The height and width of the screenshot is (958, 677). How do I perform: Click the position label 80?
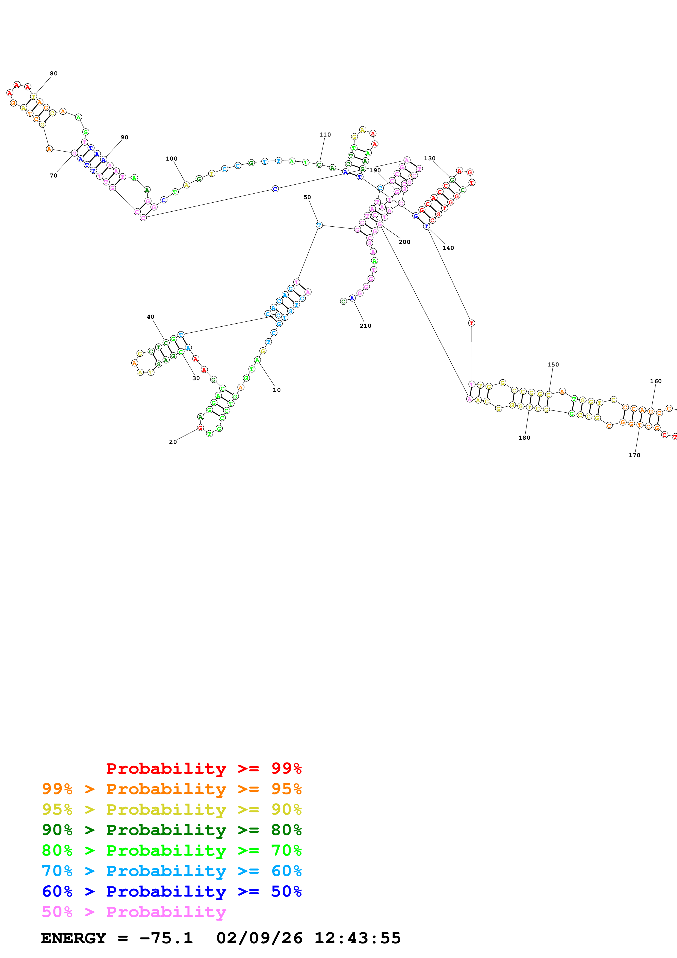click(x=54, y=73)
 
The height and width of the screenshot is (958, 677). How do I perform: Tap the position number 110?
click(x=325, y=135)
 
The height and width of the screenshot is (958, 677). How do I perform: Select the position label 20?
click(x=173, y=442)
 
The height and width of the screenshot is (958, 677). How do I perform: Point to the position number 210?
click(x=365, y=326)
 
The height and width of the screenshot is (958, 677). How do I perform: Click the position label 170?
click(x=634, y=455)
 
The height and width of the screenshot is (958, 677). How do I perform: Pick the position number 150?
click(x=553, y=365)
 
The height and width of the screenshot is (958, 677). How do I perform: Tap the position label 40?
click(x=150, y=317)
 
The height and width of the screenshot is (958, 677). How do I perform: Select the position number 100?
click(x=172, y=159)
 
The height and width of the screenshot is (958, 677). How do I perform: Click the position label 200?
click(x=405, y=242)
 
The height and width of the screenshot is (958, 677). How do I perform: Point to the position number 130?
click(x=430, y=159)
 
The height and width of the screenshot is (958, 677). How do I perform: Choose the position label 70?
click(x=54, y=176)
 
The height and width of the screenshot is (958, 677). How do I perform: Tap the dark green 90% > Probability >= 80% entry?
click(x=172, y=830)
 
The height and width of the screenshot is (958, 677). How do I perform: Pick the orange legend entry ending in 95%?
click(x=172, y=789)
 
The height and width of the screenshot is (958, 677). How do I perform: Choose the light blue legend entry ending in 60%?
click(x=172, y=871)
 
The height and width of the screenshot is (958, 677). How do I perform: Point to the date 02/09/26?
click(x=259, y=938)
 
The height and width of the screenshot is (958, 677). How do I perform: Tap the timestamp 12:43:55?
click(x=357, y=938)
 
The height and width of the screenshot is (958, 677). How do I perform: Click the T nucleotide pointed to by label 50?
click(x=319, y=225)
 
